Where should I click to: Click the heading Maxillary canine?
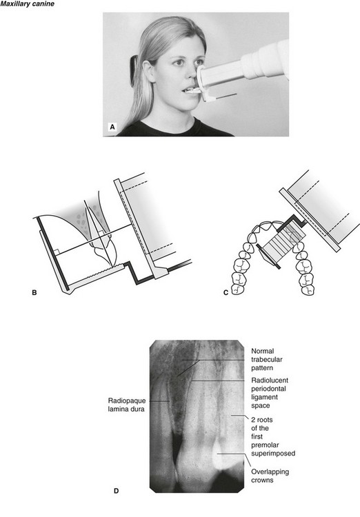click(28, 4)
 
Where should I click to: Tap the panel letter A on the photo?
click(112, 127)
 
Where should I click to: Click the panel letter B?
click(34, 292)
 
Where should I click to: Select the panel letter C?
click(226, 292)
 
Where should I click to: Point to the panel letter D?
click(116, 491)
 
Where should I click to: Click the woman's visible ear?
click(149, 70)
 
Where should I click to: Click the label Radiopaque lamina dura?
click(126, 405)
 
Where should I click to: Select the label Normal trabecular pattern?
click(267, 359)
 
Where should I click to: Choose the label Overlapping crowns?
click(270, 476)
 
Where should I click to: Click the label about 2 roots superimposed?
click(273, 436)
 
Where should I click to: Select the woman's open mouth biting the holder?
click(186, 90)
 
